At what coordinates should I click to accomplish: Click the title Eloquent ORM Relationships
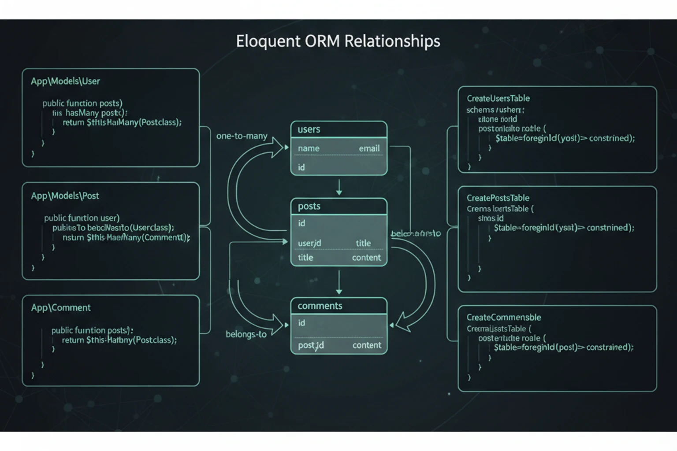click(x=338, y=41)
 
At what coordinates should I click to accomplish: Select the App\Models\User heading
click(x=65, y=81)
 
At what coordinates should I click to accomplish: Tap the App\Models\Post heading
click(x=65, y=196)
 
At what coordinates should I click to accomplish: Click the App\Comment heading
click(x=61, y=308)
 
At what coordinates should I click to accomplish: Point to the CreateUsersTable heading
click(x=498, y=99)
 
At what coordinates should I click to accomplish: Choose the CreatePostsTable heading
click(x=498, y=198)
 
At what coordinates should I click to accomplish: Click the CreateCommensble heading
click(x=503, y=318)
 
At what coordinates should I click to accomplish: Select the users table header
click(x=309, y=129)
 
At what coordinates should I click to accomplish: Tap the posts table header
click(x=309, y=206)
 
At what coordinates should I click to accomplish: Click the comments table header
click(x=320, y=306)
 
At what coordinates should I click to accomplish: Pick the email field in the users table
click(x=369, y=149)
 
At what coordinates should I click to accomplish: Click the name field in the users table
click(x=309, y=149)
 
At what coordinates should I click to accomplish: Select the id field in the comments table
click(x=301, y=323)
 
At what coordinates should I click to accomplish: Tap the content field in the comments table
click(x=367, y=345)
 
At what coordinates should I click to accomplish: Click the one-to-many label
click(x=242, y=136)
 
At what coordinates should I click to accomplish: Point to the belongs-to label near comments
click(x=246, y=334)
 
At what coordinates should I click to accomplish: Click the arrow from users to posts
click(x=339, y=187)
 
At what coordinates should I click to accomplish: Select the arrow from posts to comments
click(x=339, y=282)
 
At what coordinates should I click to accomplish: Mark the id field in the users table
click(x=301, y=167)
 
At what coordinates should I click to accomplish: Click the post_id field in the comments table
click(x=311, y=345)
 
